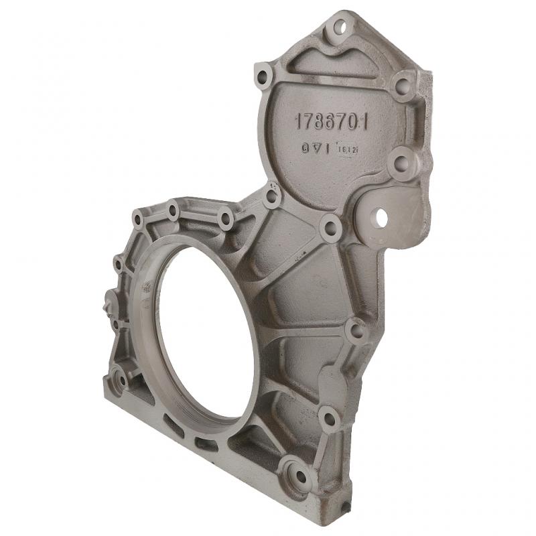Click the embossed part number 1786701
tap(332, 121)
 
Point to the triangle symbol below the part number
tap(315, 147)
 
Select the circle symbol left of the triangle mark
tap(304, 147)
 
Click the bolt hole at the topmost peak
tap(341, 28)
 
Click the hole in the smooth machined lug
tap(381, 217)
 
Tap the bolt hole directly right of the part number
tap(402, 85)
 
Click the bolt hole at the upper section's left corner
tap(263, 74)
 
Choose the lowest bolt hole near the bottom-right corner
tap(295, 474)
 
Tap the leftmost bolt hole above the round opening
tap(138, 219)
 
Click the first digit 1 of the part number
tap(299, 121)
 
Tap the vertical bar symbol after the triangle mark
tap(326, 149)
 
